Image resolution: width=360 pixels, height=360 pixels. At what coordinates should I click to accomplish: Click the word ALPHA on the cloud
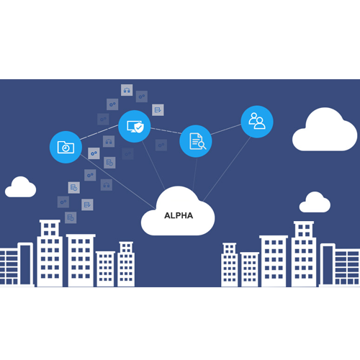pos(179,215)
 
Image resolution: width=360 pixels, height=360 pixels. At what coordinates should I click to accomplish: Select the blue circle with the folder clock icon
pos(66,147)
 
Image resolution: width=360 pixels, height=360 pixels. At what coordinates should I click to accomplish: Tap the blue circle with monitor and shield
pos(135,126)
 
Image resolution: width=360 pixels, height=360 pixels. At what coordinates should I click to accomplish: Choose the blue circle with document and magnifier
pos(196,141)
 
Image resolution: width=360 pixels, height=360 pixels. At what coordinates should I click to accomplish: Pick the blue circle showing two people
pos(257,122)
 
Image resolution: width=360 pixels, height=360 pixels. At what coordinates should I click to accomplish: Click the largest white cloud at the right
pos(325,131)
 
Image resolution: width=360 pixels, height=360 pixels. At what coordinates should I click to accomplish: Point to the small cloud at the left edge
pos(21,188)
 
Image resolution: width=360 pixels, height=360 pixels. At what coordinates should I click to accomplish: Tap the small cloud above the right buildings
pos(315,203)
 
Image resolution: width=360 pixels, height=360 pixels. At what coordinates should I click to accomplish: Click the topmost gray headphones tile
pos(127,90)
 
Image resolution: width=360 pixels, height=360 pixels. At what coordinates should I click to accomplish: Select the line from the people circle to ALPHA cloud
pos(227,169)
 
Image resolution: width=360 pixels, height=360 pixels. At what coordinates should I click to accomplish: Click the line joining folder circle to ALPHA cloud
pos(118,181)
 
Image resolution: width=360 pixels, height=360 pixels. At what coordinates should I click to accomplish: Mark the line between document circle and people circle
pos(226,130)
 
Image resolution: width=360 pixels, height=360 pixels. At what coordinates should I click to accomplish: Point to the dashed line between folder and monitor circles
pos(99,132)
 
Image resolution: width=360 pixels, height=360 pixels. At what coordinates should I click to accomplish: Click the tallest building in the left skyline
pos(50,253)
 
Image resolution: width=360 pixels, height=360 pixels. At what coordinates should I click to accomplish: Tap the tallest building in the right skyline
pos(304,254)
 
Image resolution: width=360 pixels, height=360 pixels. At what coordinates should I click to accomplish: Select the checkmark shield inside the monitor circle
pos(139,127)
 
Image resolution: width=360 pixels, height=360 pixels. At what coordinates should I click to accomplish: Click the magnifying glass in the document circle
pos(202,145)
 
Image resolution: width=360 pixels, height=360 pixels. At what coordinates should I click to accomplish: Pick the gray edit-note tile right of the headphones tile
pos(158,110)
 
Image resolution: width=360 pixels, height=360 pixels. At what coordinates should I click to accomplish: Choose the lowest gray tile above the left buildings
pos(71,217)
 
